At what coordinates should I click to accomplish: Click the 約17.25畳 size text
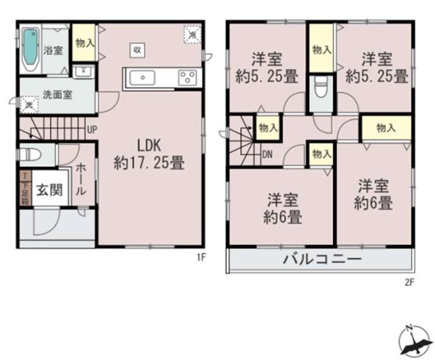coord(149,163)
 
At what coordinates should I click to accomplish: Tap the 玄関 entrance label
coord(46,190)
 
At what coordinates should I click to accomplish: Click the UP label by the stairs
coord(91,131)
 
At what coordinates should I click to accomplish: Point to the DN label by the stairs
coord(268,154)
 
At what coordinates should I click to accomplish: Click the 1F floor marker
coord(201,257)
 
